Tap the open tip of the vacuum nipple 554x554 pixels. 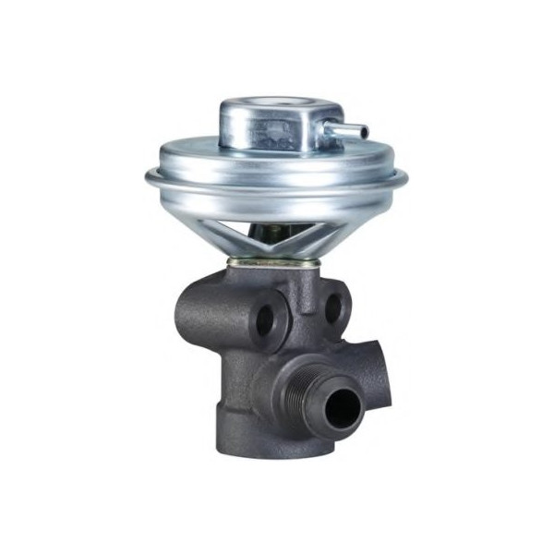364,133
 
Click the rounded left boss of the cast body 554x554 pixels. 199,314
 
